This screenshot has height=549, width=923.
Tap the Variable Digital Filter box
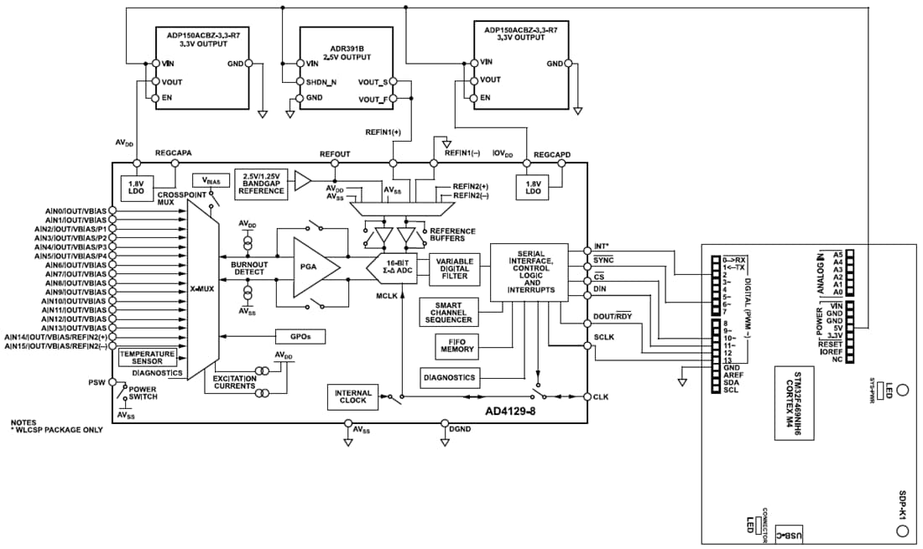[x=454, y=268]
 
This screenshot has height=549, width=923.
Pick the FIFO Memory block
[x=457, y=344]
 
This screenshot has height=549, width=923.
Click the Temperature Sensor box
[x=147, y=358]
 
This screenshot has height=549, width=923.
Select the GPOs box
[x=300, y=336]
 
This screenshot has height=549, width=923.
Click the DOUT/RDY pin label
[x=613, y=316]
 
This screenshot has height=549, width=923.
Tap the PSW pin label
[x=97, y=382]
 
